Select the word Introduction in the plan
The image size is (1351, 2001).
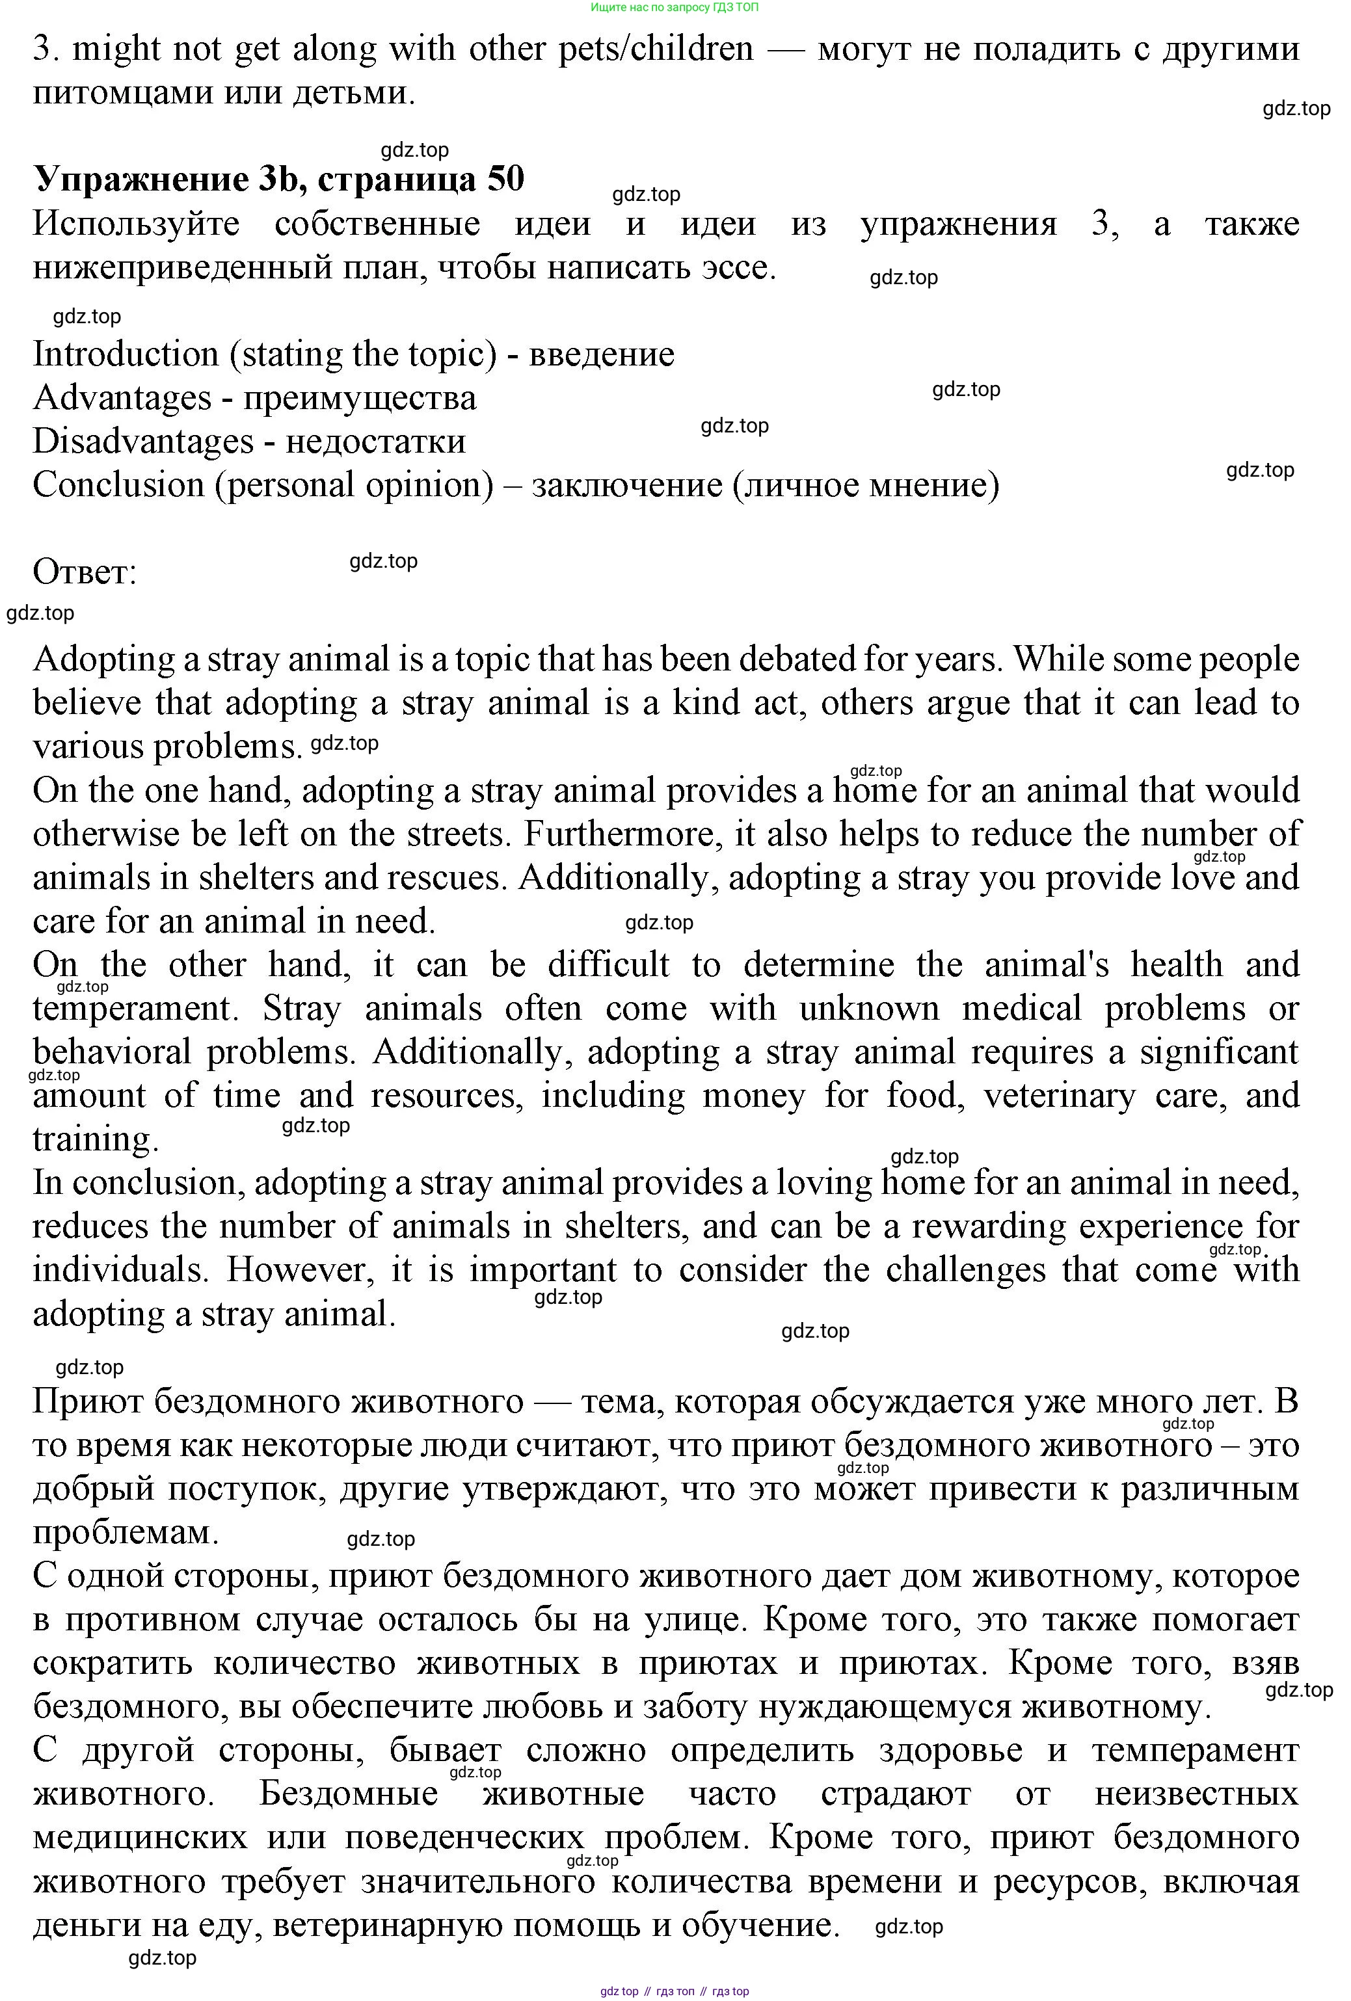pyautogui.click(x=126, y=354)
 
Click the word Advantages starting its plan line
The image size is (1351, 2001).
pyautogui.click(x=122, y=399)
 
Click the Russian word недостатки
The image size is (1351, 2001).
pyautogui.click(x=375, y=442)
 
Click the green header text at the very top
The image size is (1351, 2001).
pyautogui.click(x=675, y=7)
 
